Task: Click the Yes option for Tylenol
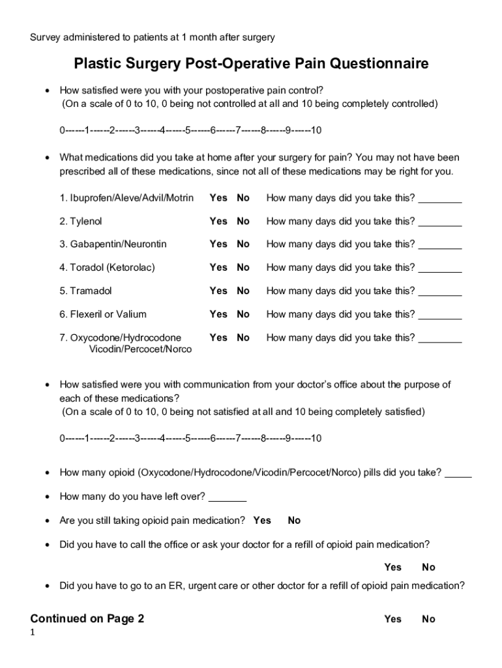pos(218,221)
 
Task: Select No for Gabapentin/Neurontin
pos(243,244)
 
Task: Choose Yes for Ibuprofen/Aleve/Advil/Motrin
pos(218,198)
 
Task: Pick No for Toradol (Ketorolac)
pos(243,267)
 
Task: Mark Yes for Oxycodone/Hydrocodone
pos(218,337)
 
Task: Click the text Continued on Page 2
pos(87,619)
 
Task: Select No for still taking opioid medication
pos(294,521)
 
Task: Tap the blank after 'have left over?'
pos(227,498)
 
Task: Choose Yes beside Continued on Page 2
pos(392,619)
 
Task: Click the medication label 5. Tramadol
pos(85,291)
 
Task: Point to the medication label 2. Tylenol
pos(81,221)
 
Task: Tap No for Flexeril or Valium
pos(243,314)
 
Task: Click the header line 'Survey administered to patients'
pos(152,37)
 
